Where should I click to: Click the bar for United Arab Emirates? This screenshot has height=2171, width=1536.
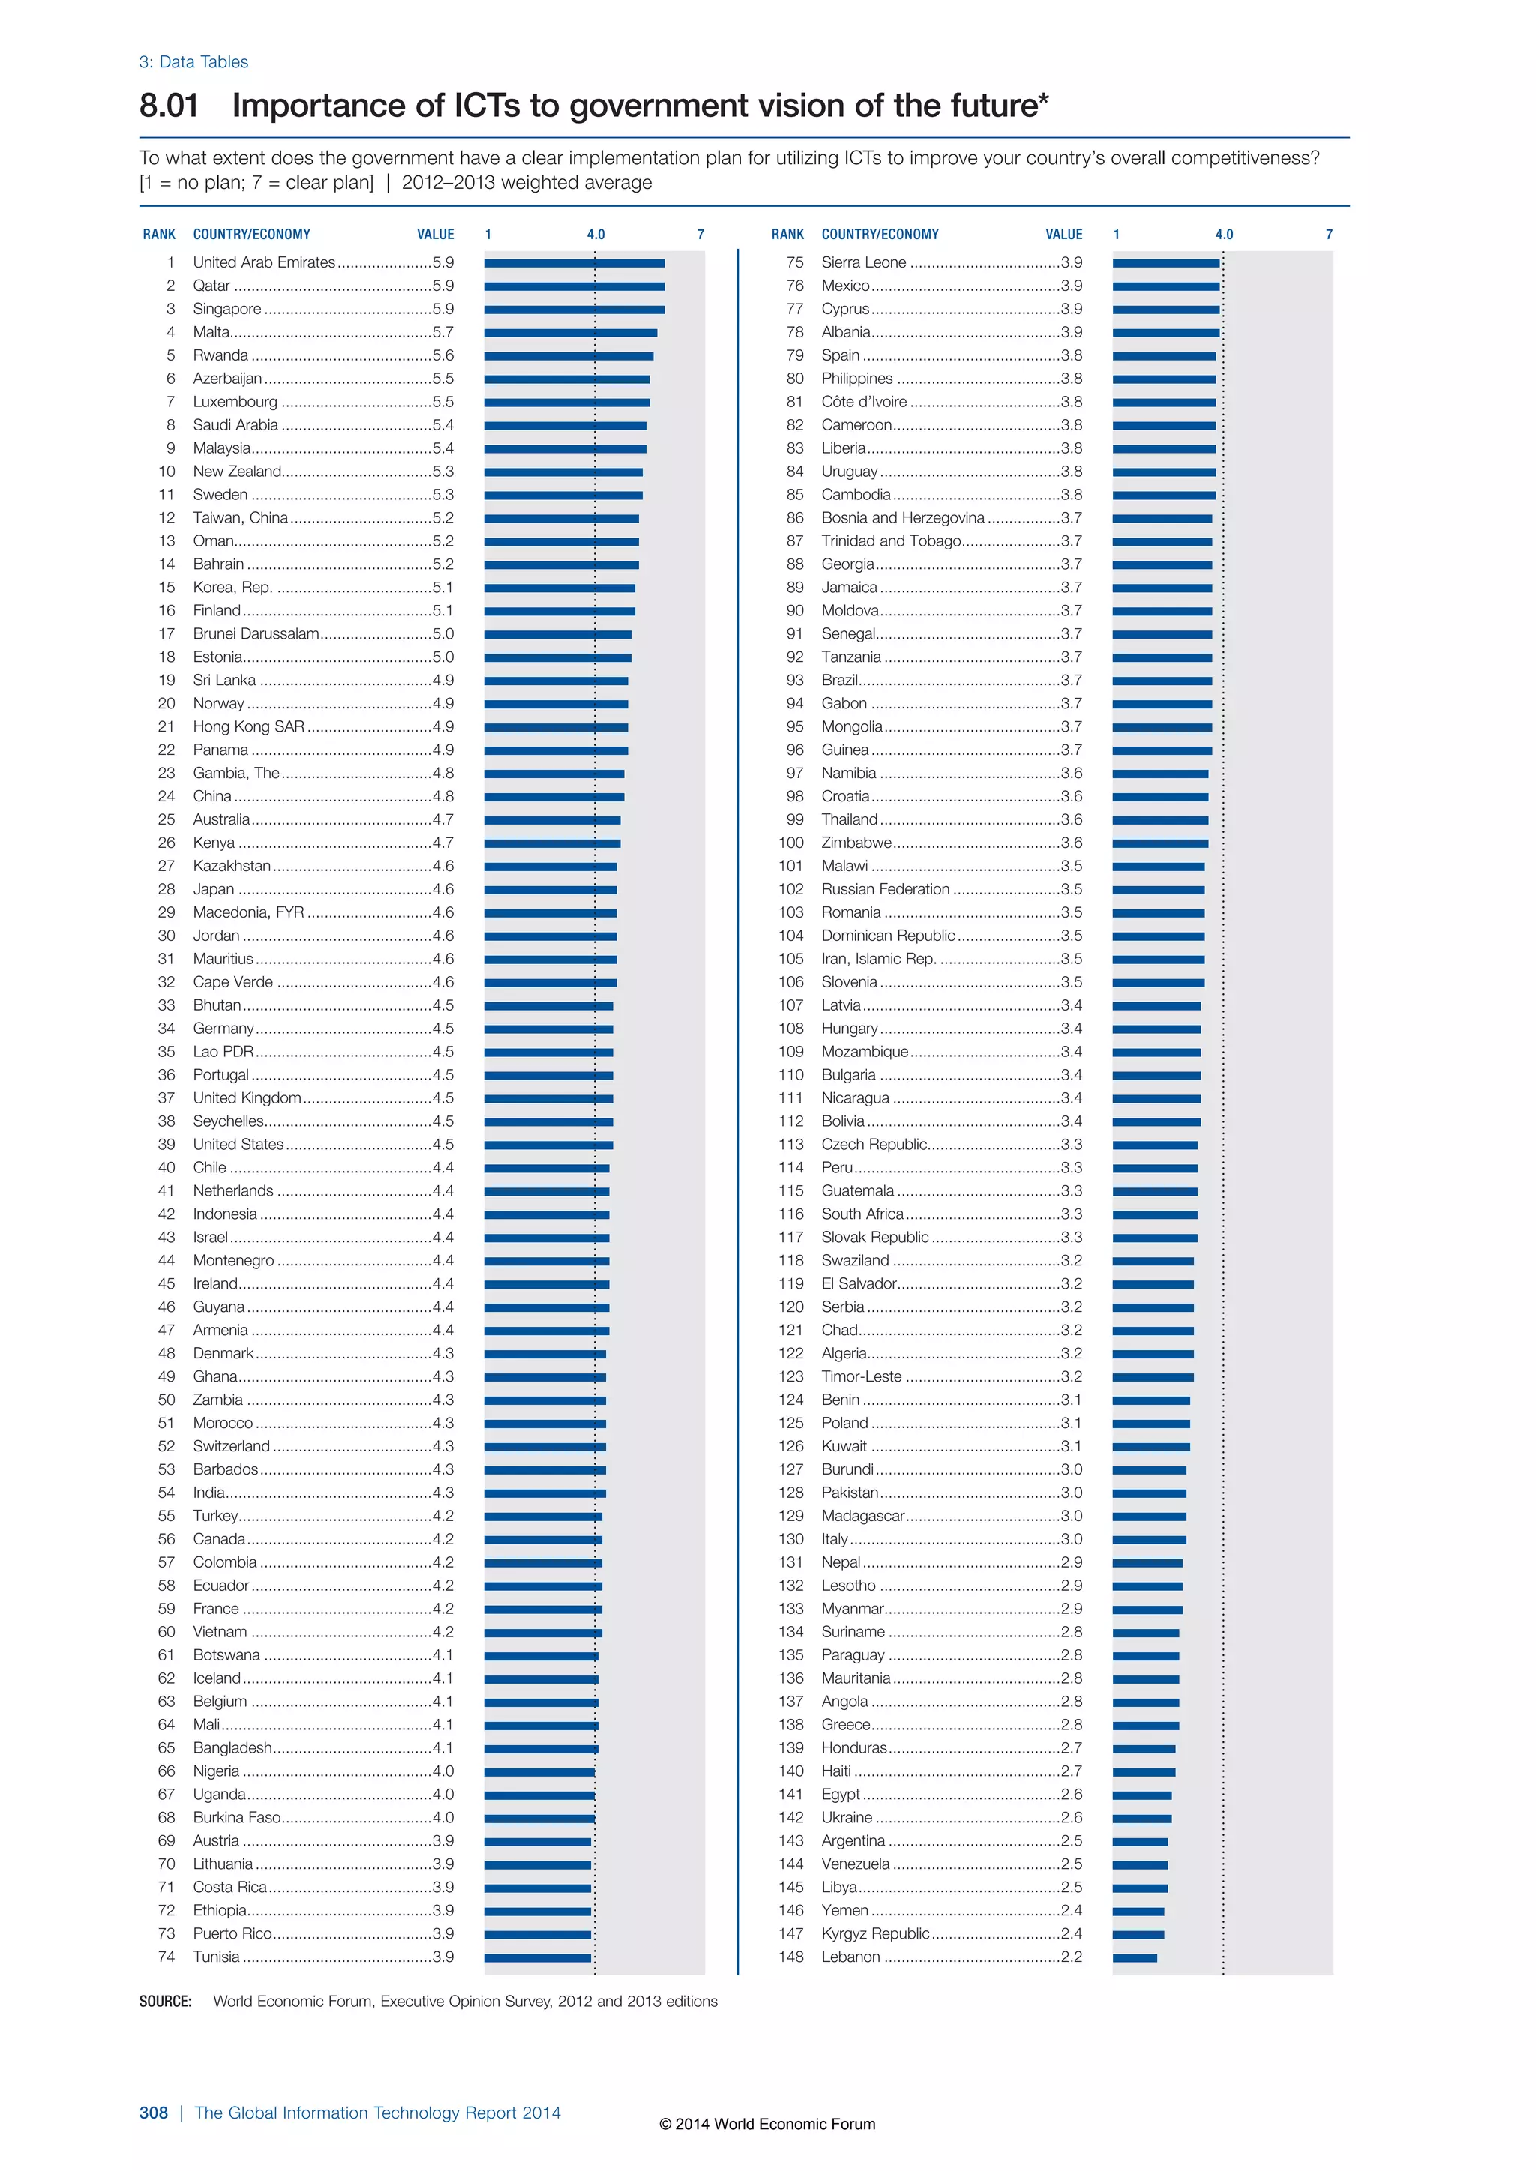(x=574, y=263)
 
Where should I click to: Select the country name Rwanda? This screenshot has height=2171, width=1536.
(x=220, y=355)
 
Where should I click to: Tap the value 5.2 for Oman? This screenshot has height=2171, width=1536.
(x=442, y=541)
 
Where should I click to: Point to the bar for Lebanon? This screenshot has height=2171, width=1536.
(x=1134, y=1957)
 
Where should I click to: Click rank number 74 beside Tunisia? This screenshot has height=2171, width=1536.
(x=166, y=1957)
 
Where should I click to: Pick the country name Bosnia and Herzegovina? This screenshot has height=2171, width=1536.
(x=902, y=518)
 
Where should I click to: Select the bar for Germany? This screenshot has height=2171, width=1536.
(x=548, y=1029)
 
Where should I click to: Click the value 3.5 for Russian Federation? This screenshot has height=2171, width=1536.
(x=1072, y=889)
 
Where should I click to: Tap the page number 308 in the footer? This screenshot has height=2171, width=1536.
(x=153, y=2113)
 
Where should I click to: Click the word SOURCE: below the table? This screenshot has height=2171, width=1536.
(x=164, y=2001)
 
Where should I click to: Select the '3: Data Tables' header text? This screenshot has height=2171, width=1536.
(x=194, y=62)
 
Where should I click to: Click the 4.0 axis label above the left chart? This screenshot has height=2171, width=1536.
(x=595, y=235)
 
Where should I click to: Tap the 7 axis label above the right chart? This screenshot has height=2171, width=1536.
(x=1329, y=235)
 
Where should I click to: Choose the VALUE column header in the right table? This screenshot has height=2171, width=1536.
(x=1064, y=235)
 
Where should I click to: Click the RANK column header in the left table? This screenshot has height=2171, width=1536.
(x=159, y=235)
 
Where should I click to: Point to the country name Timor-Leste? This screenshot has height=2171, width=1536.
(x=861, y=1376)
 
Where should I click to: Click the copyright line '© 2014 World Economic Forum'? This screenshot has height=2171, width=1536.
(x=767, y=2124)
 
